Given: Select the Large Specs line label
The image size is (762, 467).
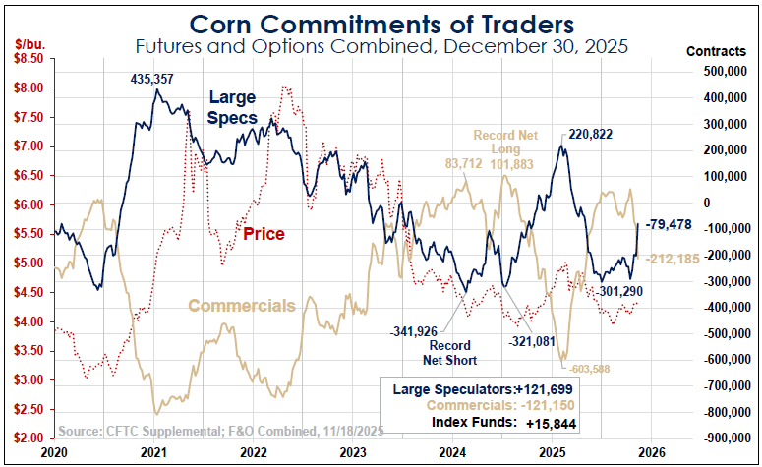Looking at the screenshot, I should click(232, 107).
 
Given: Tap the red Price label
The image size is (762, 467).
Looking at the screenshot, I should click(264, 234).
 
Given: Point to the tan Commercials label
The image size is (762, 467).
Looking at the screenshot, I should click(241, 306).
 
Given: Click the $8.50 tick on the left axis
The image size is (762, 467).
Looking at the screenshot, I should click(27, 59).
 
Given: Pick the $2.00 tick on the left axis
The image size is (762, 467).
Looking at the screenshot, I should click(27, 438).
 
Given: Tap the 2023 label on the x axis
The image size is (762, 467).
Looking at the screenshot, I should click(354, 453).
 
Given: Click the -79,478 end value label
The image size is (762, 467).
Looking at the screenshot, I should click(671, 225).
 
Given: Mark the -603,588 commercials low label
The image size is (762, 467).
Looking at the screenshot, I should click(593, 369).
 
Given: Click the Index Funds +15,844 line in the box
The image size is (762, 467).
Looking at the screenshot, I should click(494, 424).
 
